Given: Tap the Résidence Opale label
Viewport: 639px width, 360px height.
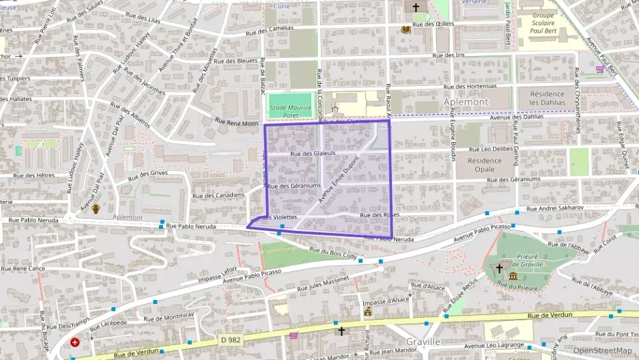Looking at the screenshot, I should tap(485, 165).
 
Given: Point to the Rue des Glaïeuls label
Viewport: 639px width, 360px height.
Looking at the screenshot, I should tap(313, 154).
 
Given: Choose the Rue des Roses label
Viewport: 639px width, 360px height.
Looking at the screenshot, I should tap(380, 215).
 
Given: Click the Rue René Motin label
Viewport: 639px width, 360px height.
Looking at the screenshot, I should tap(237, 123).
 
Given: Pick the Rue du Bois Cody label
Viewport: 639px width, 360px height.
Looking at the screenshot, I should tap(333, 253).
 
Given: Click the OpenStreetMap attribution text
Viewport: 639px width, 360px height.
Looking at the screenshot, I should tap(602, 351).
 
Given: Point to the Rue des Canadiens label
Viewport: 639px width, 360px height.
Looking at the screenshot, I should tap(219, 195).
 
